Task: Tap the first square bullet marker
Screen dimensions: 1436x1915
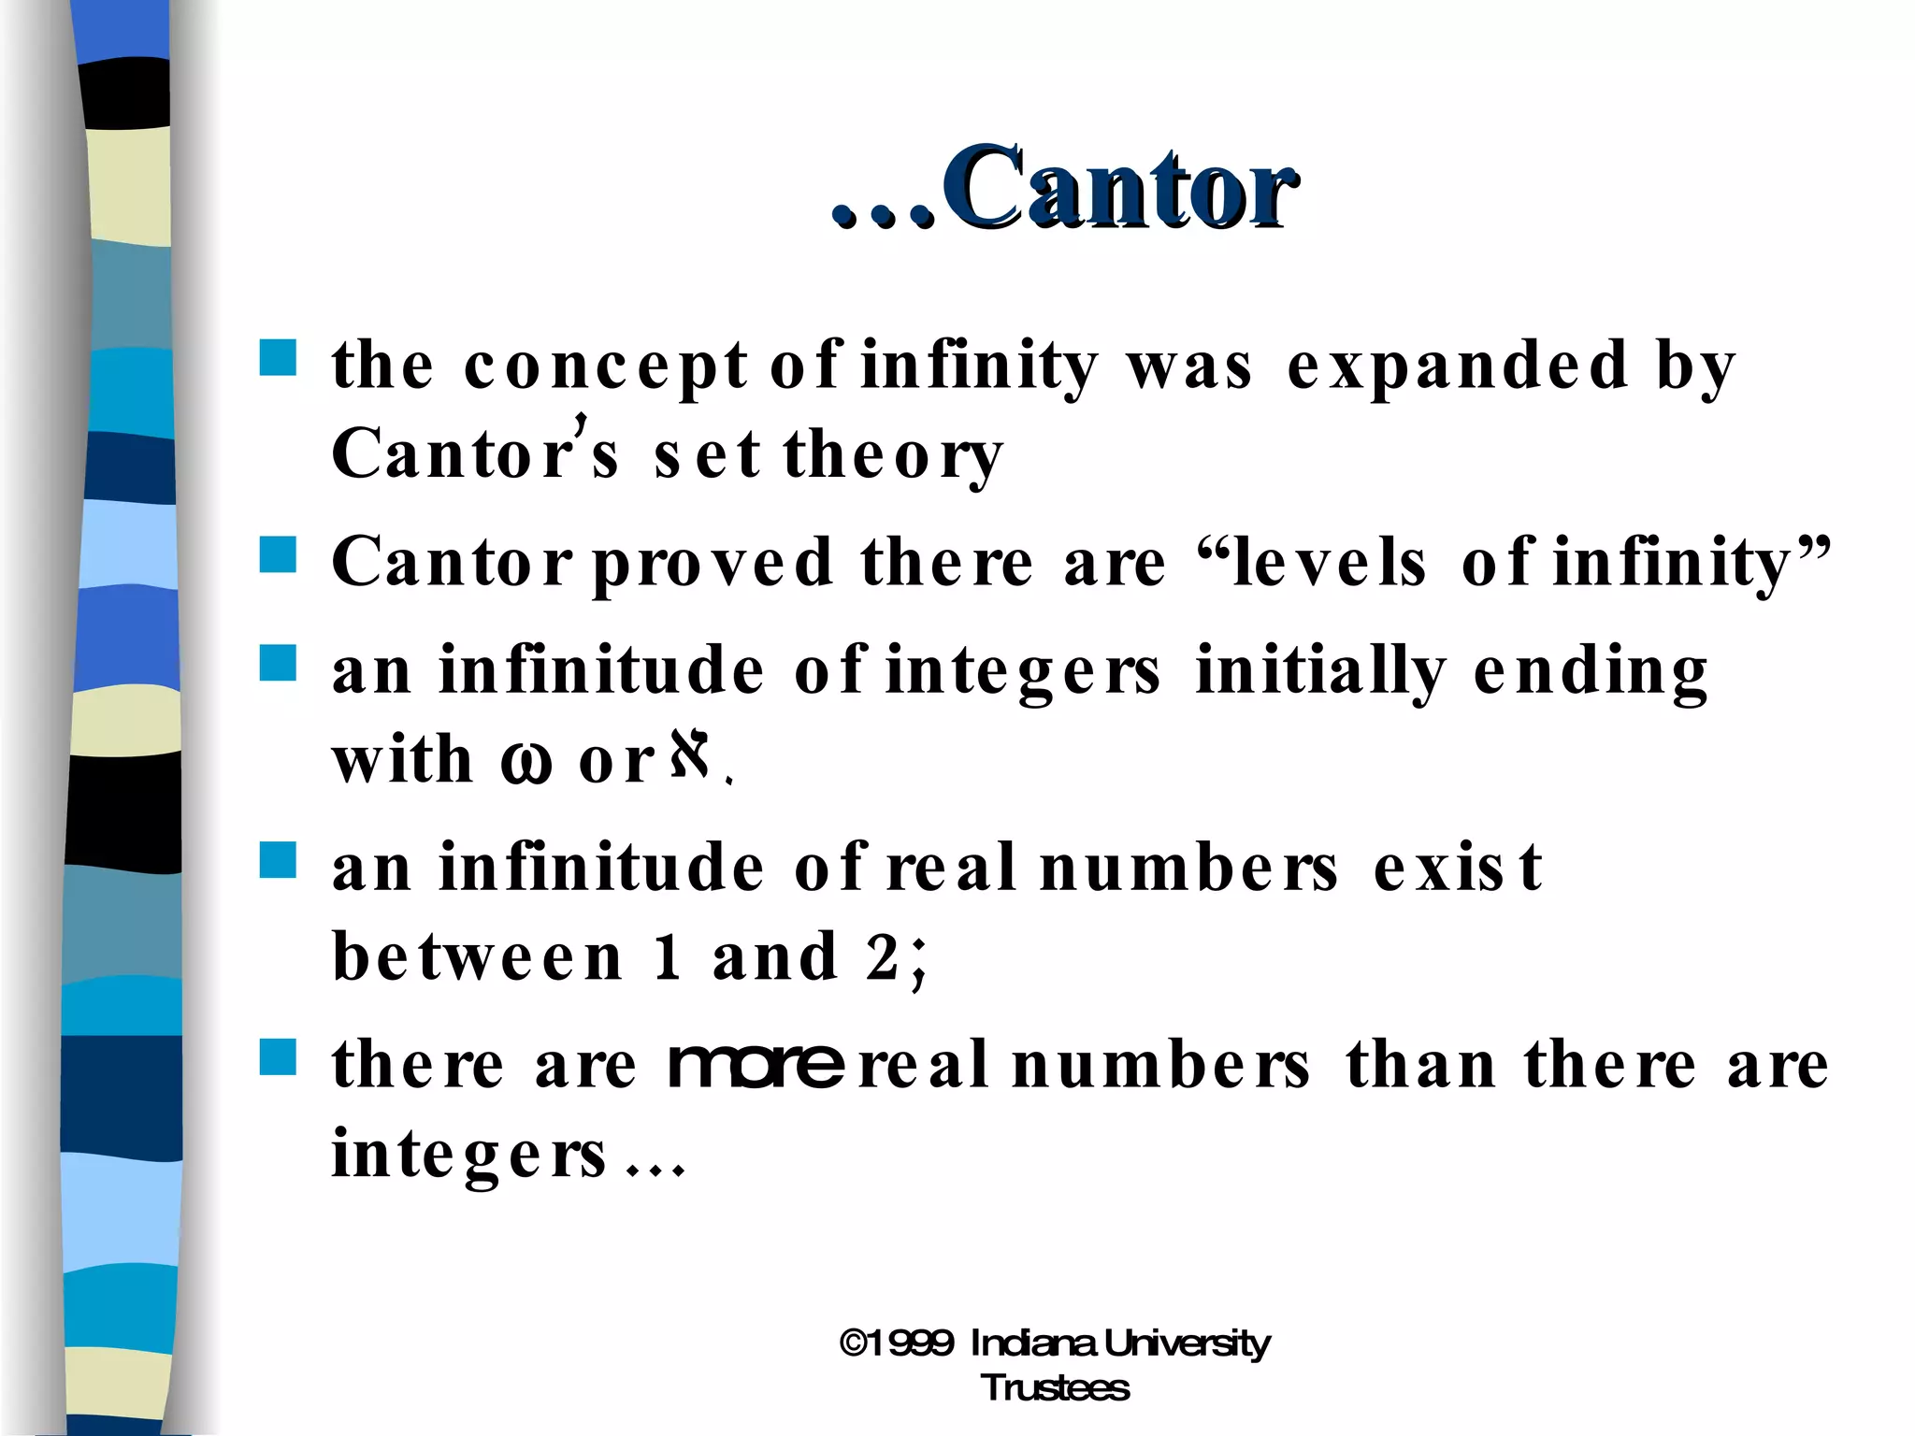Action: (278, 357)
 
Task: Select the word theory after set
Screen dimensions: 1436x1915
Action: (893, 456)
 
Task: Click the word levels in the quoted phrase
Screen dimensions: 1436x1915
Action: (1328, 563)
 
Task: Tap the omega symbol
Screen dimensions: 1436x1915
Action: (526, 761)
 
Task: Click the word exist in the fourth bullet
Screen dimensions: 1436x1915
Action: (1456, 868)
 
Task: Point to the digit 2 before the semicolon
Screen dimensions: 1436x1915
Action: (882, 957)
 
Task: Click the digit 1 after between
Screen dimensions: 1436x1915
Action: (667, 957)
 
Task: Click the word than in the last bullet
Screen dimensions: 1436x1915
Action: (1419, 1066)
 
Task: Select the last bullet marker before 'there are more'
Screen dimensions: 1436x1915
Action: (278, 1057)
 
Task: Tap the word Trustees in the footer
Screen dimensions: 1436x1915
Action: (1055, 1388)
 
